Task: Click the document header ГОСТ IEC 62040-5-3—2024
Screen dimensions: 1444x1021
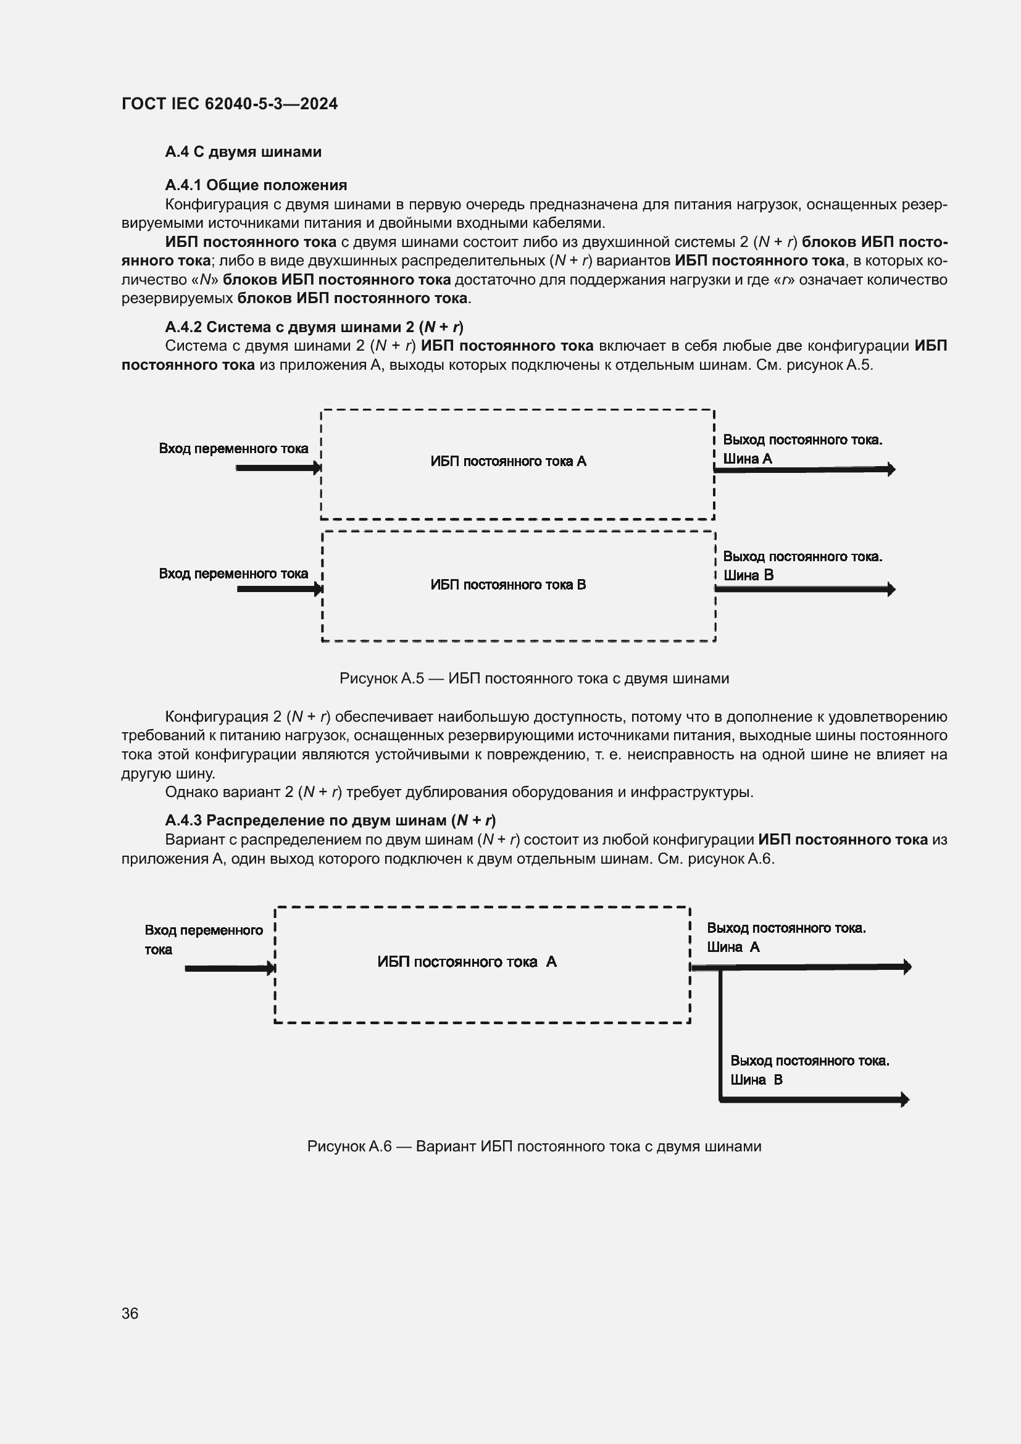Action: [x=230, y=104]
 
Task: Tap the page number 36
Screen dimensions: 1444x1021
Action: [x=130, y=1313]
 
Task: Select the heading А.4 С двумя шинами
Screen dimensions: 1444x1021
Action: [x=243, y=152]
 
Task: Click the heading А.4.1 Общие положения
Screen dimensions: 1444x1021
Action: [x=256, y=185]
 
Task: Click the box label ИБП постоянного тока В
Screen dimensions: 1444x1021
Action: [x=508, y=585]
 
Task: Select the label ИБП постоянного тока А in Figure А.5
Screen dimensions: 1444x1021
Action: [x=508, y=462]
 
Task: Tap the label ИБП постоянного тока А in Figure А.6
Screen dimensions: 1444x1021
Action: [x=467, y=962]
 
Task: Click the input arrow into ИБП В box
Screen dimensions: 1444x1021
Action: [x=278, y=590]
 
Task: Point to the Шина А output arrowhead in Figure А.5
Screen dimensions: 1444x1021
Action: [x=891, y=469]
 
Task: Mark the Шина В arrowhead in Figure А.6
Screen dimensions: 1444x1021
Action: [x=905, y=1100]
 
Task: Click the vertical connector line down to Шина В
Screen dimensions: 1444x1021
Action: [x=720, y=1032]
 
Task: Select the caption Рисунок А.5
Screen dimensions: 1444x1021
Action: [x=534, y=678]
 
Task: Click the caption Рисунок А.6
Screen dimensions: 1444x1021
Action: [x=534, y=1146]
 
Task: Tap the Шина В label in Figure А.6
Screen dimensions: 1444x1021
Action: [x=756, y=1080]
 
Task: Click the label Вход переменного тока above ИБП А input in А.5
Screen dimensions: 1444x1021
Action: [x=233, y=448]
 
